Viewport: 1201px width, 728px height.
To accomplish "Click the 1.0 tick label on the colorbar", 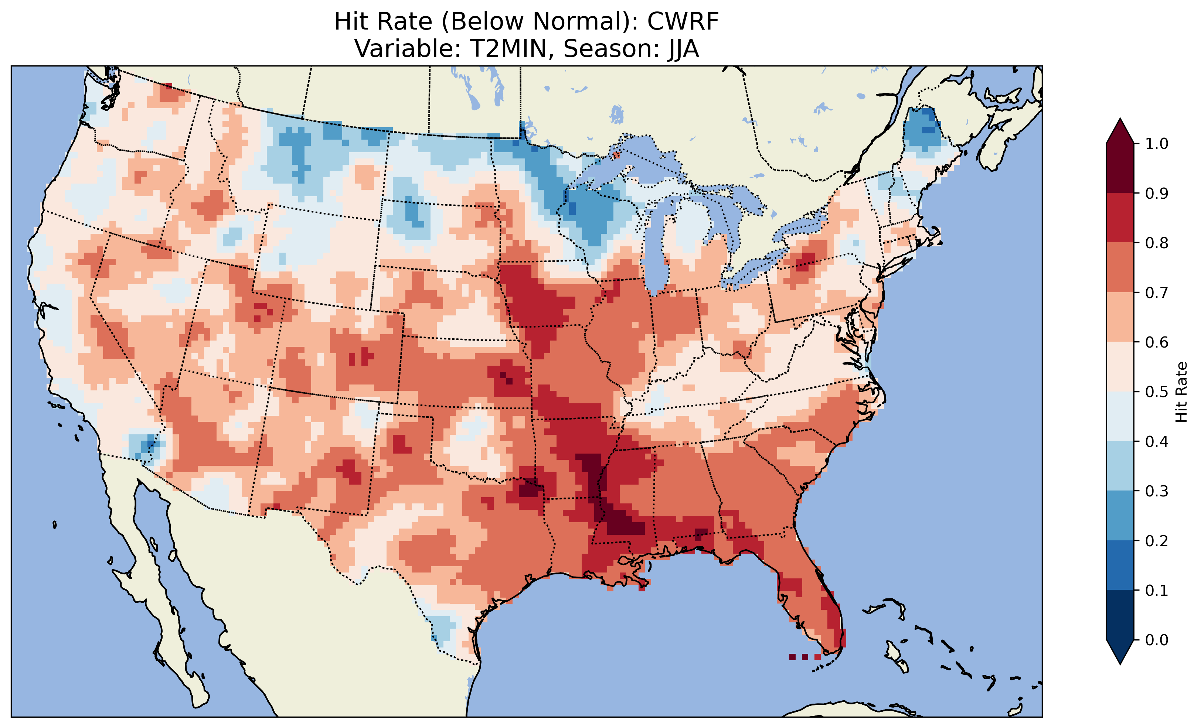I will [1157, 144].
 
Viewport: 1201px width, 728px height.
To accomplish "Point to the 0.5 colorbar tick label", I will [1157, 392].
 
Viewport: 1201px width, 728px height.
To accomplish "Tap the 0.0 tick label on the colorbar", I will [1157, 640].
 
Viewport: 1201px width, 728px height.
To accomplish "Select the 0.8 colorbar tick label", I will [1157, 243].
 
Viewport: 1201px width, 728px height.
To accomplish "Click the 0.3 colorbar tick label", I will [1157, 491].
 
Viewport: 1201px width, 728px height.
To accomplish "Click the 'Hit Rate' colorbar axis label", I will [1181, 392].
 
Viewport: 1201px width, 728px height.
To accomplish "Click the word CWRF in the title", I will [683, 22].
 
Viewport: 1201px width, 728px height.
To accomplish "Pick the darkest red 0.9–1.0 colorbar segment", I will [1120, 168].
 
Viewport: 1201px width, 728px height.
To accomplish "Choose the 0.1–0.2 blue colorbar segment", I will [1120, 565].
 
